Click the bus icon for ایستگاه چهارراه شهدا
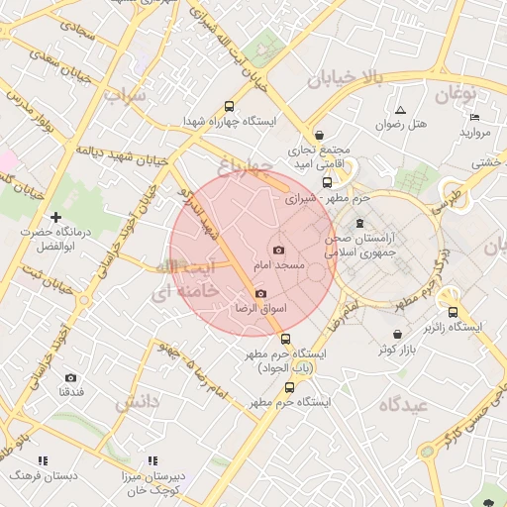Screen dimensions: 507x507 (230, 106)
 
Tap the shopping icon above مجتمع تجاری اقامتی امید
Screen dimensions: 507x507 (319, 136)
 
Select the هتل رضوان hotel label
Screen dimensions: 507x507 (402, 125)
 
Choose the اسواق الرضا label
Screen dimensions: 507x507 (258, 309)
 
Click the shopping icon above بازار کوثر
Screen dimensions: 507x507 (397, 335)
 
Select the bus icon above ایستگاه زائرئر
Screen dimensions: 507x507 (452, 311)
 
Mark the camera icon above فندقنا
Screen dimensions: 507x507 (70, 377)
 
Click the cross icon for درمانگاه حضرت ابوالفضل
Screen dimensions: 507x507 (55, 216)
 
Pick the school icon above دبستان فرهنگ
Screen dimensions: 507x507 (42, 461)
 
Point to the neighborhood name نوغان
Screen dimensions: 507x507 (456, 93)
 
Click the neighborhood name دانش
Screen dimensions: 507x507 (137, 402)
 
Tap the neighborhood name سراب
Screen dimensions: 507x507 (124, 96)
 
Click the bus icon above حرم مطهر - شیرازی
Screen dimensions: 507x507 (328, 182)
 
